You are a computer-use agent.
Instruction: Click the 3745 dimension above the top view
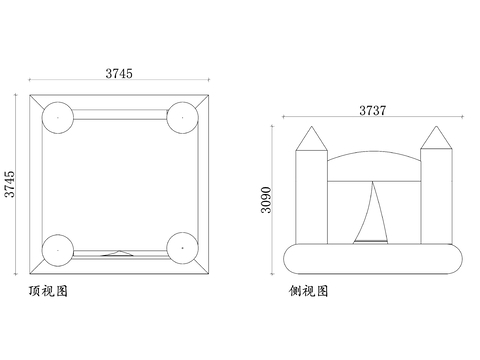point(119,72)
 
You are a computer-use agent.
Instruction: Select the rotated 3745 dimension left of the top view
point(10,186)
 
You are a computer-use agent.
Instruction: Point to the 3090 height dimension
point(266,198)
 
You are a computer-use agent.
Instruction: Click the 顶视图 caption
point(49,292)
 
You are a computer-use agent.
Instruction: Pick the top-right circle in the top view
point(182,116)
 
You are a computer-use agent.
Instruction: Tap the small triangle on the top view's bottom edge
point(119,254)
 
